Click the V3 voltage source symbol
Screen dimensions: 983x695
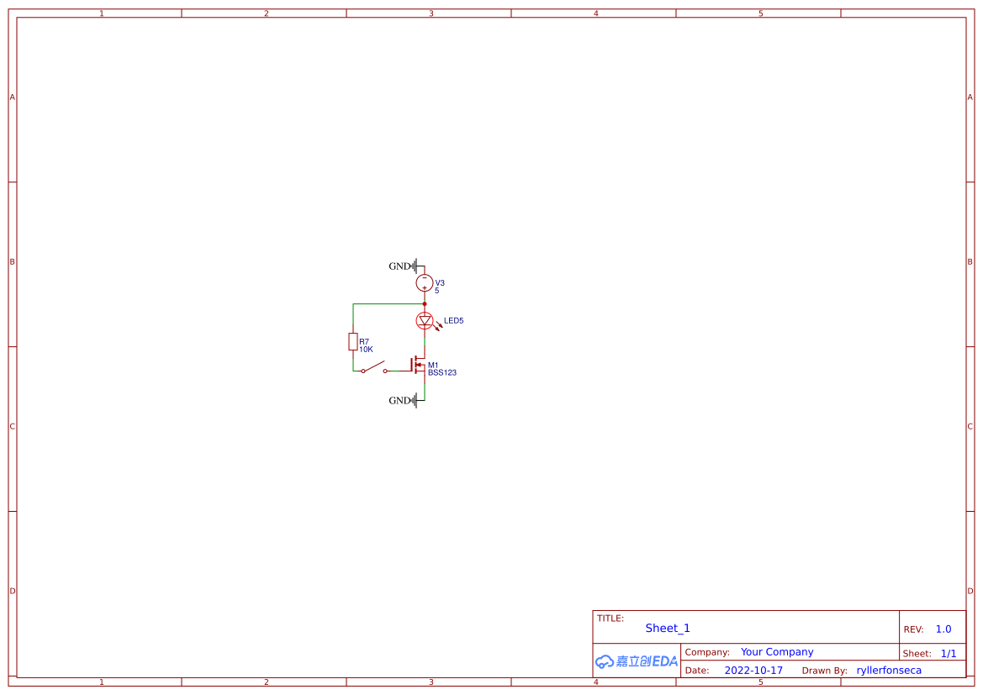point(425,283)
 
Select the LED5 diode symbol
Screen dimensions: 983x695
point(425,320)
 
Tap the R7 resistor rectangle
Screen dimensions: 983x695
point(353,341)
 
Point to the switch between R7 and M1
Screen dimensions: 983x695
point(374,368)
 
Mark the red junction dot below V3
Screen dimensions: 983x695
point(425,303)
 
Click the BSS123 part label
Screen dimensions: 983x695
point(442,373)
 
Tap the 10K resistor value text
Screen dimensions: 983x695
point(366,349)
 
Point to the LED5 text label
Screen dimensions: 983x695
point(454,320)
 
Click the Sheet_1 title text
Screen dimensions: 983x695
point(668,628)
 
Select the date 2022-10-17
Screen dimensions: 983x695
point(753,671)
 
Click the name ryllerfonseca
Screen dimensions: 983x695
point(889,671)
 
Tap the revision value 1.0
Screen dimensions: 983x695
point(943,629)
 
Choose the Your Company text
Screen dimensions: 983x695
point(777,652)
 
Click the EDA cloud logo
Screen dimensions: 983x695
point(636,661)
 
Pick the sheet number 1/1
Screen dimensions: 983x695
point(949,653)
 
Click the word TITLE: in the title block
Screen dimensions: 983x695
point(610,619)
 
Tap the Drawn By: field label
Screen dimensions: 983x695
point(825,671)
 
